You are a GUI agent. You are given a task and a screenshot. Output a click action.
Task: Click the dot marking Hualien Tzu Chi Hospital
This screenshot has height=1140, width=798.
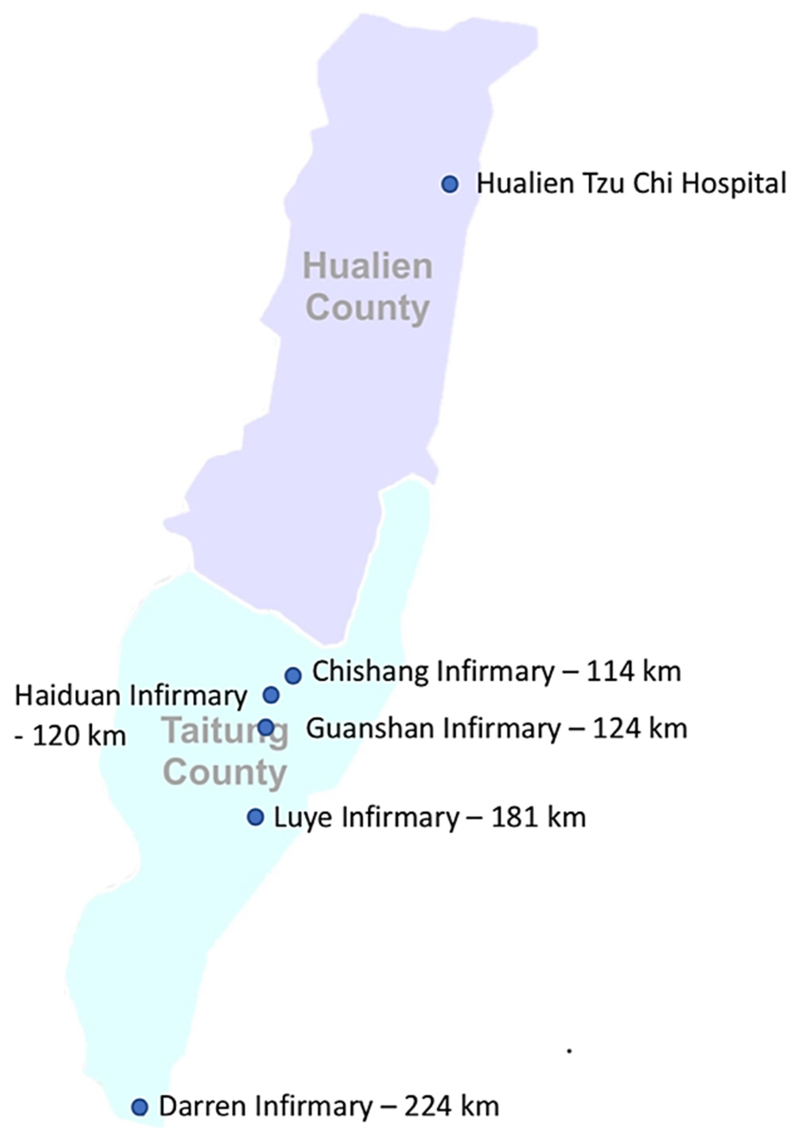pyautogui.click(x=450, y=184)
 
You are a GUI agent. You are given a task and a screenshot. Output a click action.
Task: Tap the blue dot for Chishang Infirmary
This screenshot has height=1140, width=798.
pyautogui.click(x=293, y=675)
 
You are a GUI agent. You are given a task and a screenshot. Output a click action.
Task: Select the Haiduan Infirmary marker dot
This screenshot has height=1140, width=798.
pyautogui.click(x=271, y=695)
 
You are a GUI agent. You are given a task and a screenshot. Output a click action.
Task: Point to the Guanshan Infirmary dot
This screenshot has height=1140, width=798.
pyautogui.click(x=266, y=727)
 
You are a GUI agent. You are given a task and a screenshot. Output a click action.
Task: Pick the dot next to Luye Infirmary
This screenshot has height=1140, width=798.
pyautogui.click(x=255, y=817)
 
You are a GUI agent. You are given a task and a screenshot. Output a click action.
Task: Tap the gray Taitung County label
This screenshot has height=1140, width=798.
pyautogui.click(x=226, y=752)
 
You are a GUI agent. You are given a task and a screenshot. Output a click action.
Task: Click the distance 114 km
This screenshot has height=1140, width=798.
pyautogui.click(x=634, y=672)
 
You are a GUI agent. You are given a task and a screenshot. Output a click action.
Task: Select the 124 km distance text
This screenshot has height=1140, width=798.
pyautogui.click(x=640, y=729)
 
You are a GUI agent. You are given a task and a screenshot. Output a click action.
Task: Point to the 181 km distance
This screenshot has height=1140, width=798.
pyautogui.click(x=539, y=817)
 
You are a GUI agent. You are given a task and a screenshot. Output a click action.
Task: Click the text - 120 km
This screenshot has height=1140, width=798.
pyautogui.click(x=70, y=735)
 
